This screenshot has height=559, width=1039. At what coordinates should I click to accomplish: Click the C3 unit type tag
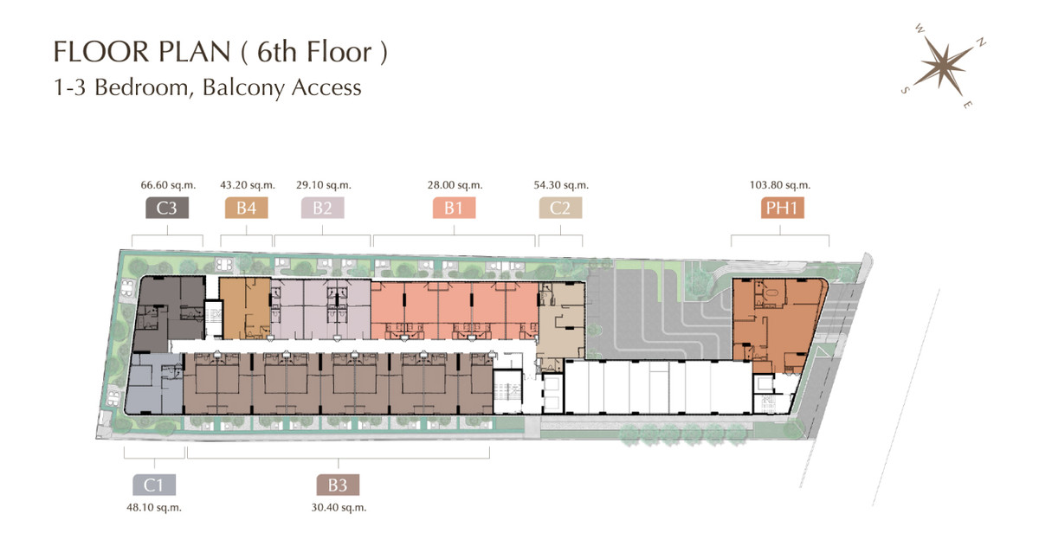click(x=167, y=208)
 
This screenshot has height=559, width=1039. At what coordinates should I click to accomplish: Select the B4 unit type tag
click(x=246, y=208)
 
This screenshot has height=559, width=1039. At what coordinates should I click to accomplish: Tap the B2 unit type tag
click(x=322, y=208)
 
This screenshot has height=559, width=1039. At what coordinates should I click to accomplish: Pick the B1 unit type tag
click(x=454, y=208)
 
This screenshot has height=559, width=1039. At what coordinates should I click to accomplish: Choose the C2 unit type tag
click(x=560, y=208)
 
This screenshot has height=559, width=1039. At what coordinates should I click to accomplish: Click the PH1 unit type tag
click(x=782, y=208)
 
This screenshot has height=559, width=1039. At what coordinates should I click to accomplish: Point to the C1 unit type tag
click(x=154, y=485)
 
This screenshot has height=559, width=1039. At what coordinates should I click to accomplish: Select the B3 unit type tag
click(x=338, y=485)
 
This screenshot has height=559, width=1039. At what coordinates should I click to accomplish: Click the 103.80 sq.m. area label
click(x=780, y=185)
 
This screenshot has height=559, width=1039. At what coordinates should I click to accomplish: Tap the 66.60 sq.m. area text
click(x=168, y=185)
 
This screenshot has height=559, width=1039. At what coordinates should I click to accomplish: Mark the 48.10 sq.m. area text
click(x=154, y=508)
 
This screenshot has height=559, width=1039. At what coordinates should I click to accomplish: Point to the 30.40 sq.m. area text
click(x=339, y=508)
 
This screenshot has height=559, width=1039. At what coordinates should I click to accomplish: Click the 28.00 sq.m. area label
click(x=455, y=185)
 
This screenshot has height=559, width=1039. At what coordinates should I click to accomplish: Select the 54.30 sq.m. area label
click(x=561, y=185)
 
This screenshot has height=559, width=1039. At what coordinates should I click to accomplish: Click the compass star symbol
click(x=943, y=67)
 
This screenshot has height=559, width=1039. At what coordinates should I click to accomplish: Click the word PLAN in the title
click(x=194, y=51)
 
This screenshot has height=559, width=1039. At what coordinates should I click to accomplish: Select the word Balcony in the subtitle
click(x=242, y=87)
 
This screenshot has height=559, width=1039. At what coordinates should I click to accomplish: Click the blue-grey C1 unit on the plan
click(x=154, y=384)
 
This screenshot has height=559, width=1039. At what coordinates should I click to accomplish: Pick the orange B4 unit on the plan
click(x=245, y=308)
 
